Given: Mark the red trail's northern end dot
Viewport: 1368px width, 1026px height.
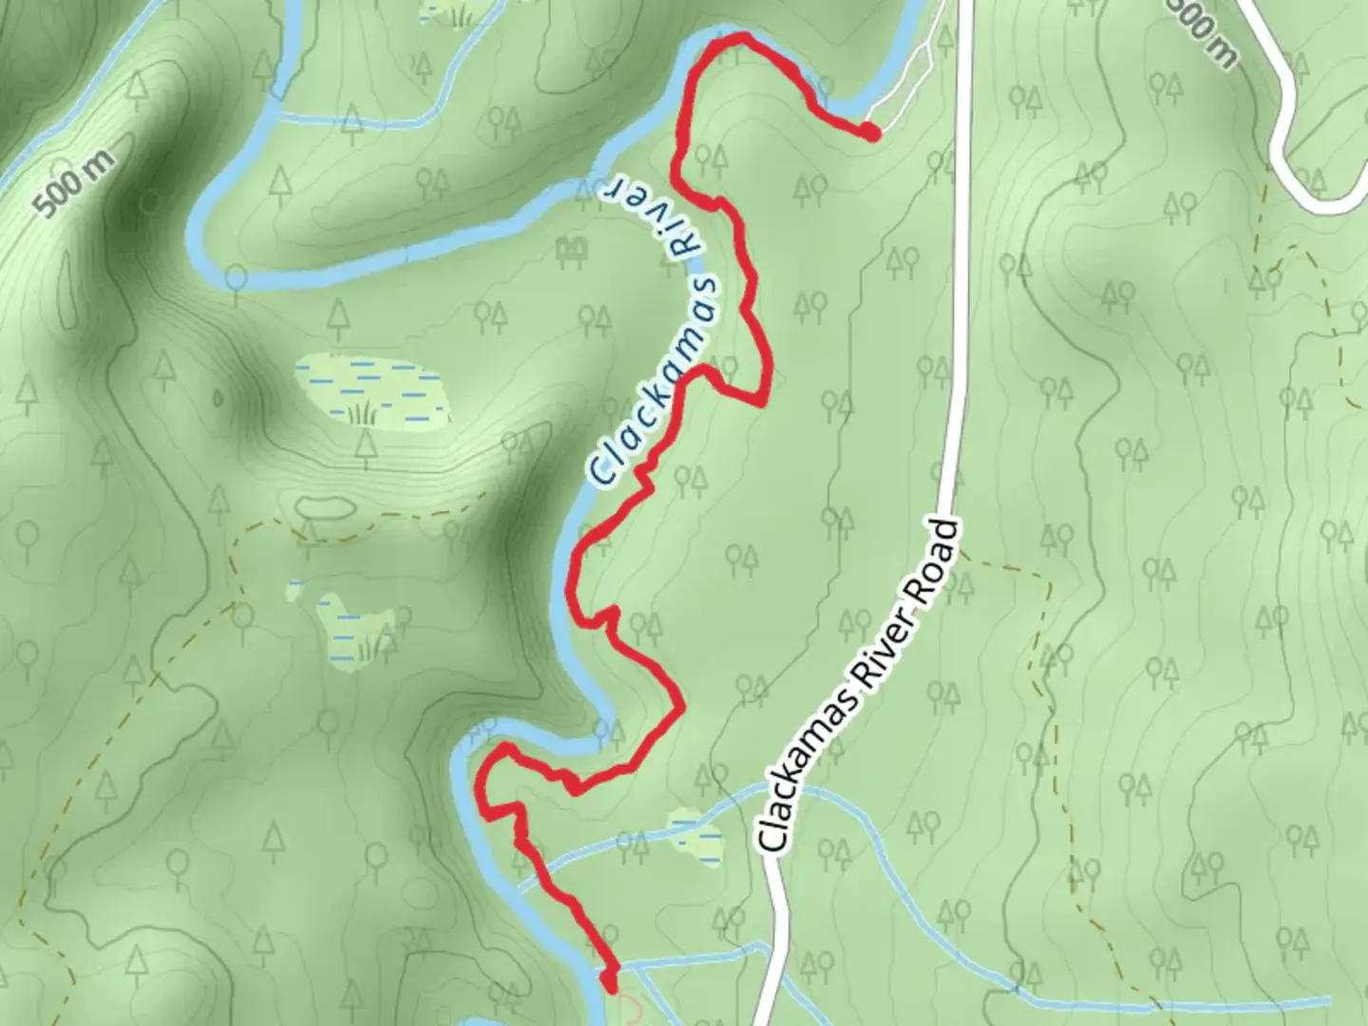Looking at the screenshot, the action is [x=869, y=132].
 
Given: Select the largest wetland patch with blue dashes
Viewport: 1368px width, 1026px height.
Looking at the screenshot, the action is [x=370, y=390].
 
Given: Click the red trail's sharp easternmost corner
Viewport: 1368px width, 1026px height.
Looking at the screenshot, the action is [x=763, y=402].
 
